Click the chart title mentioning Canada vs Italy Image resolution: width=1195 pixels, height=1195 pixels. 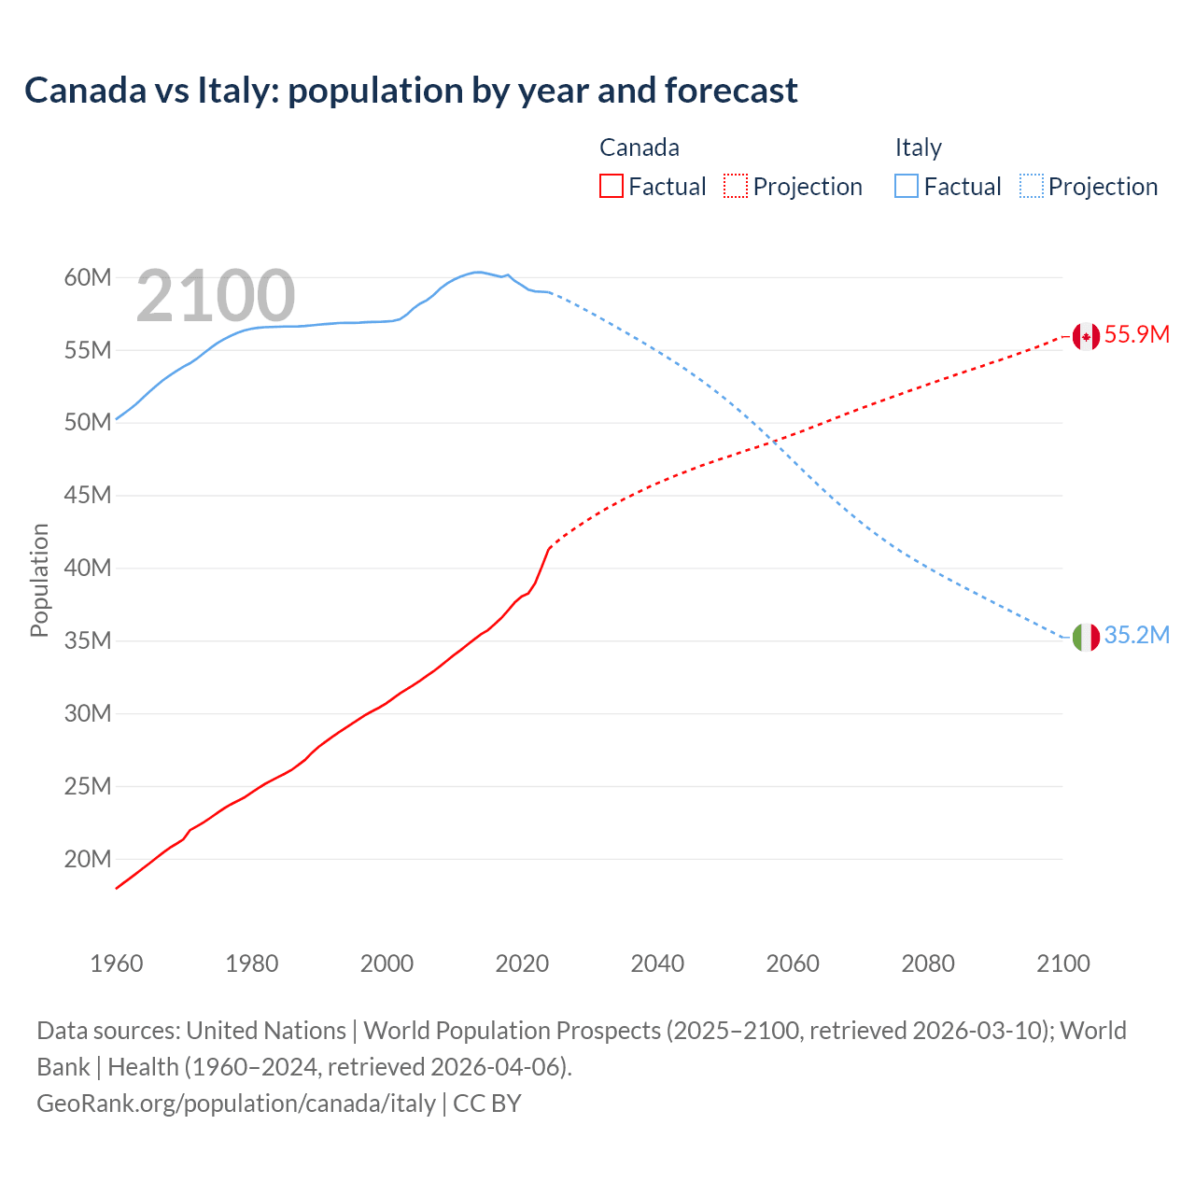click(411, 91)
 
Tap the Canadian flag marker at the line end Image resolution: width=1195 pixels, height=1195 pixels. click(1085, 336)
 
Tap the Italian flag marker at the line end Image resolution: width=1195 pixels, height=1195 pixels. click(1085, 637)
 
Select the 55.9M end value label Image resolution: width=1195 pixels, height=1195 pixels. click(1136, 335)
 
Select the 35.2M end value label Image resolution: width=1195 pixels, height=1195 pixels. click(1136, 636)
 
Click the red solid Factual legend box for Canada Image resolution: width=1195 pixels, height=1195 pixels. click(612, 187)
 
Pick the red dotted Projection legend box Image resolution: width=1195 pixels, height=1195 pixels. click(736, 187)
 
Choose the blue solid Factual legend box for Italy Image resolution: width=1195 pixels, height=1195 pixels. click(907, 187)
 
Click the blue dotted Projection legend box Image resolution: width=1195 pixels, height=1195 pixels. click(1032, 187)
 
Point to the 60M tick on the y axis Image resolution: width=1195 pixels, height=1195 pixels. click(88, 278)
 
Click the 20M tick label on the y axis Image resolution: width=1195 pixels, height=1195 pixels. click(88, 859)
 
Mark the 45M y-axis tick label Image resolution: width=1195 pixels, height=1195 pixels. click(88, 496)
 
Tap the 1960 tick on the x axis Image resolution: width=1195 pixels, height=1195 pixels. click(117, 963)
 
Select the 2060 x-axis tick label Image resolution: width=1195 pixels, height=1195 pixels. click(793, 963)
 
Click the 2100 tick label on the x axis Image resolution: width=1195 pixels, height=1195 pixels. click(1063, 963)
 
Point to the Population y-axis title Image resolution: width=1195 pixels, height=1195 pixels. click(39, 580)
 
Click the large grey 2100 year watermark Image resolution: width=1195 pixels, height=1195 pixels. click(216, 296)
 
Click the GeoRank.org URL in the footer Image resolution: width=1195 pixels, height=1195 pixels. click(236, 1104)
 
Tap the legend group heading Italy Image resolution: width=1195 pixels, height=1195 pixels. click(918, 148)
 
